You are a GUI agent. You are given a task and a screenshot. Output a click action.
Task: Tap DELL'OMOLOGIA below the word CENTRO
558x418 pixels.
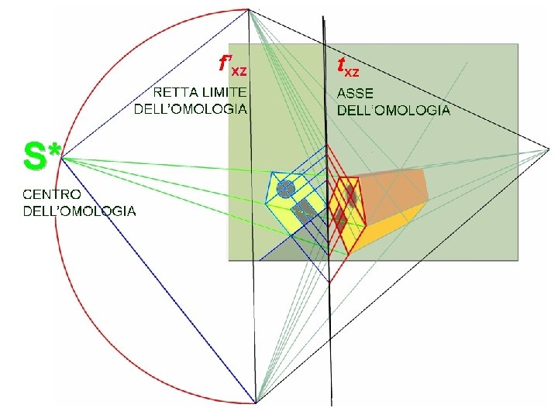pos(79,211)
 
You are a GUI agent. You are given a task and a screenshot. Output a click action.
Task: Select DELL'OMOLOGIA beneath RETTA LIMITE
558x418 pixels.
pos(191,109)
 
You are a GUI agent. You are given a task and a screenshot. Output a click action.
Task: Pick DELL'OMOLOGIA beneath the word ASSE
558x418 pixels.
pos(393,110)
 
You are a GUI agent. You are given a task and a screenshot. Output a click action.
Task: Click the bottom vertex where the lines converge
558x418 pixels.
pos(255,403)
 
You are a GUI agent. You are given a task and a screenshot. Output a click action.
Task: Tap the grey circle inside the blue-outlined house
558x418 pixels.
pos(285,188)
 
